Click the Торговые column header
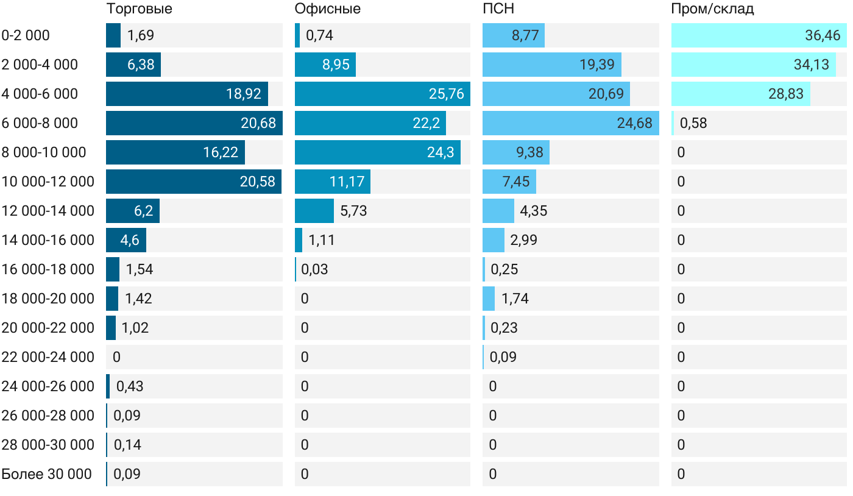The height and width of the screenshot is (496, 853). point(139,9)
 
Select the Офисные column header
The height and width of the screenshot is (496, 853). point(327,9)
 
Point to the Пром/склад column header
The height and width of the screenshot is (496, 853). point(712,9)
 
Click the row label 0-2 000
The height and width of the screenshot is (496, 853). point(26,35)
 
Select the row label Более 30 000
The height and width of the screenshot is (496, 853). point(46,474)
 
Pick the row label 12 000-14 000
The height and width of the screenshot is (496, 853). point(48,211)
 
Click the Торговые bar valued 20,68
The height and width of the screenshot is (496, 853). point(194,123)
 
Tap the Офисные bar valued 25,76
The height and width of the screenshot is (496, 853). point(382,94)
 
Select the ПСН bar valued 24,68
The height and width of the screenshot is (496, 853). point(570,123)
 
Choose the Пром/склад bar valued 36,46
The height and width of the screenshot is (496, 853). point(759,35)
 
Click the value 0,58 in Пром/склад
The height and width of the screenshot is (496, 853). point(693,123)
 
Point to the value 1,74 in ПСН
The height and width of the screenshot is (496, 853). point(515,299)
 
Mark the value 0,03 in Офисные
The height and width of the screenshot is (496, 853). point(314,269)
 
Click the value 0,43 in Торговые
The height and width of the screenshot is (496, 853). point(130,386)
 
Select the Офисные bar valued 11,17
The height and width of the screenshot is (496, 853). point(332,182)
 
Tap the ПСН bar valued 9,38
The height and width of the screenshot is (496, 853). point(515,152)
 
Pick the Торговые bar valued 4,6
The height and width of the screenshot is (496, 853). point(126,240)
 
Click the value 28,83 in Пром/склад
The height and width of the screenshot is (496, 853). point(786,94)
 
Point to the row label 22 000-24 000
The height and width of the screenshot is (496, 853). point(48,357)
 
